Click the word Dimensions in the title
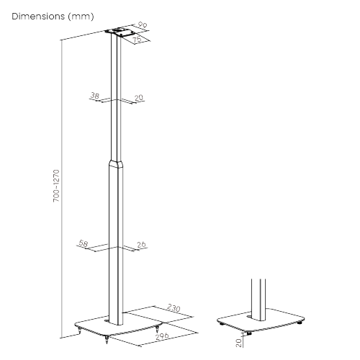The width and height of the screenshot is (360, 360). [38, 17]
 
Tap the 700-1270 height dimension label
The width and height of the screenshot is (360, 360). [56, 186]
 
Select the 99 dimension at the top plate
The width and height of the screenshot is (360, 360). [143, 25]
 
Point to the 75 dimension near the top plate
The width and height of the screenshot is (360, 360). [138, 40]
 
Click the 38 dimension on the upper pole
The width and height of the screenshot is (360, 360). [94, 96]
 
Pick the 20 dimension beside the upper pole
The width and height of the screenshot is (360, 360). [139, 98]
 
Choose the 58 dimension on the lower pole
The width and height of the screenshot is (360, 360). [84, 243]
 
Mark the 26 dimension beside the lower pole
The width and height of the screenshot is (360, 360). [141, 245]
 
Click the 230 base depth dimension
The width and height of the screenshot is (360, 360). [174, 307]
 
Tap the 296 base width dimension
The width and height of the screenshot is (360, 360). [162, 336]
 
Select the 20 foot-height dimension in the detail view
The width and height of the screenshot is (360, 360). [238, 343]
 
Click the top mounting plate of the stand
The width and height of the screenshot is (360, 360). [120, 33]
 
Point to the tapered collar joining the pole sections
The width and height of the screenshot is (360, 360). [117, 163]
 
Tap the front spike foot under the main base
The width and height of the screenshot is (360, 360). [107, 339]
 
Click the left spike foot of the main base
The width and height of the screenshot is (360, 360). [79, 331]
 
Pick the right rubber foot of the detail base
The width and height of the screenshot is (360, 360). [300, 323]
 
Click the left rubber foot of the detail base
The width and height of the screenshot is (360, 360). [222, 324]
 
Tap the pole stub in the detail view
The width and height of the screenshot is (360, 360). [258, 300]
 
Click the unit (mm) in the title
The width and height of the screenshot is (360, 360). [81, 17]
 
